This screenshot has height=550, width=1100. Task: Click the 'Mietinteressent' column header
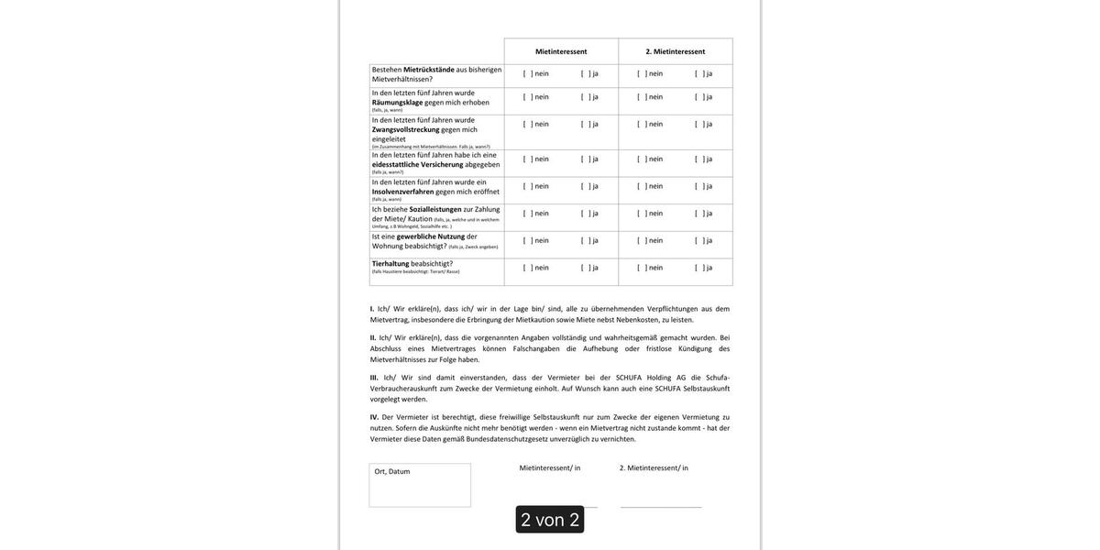tap(561, 51)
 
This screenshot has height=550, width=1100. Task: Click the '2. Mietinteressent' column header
tap(676, 51)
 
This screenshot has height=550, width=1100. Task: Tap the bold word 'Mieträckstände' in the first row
tap(429, 70)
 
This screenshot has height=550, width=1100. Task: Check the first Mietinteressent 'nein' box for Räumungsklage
tap(527, 97)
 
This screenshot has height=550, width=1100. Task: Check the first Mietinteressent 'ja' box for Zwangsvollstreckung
tap(586, 125)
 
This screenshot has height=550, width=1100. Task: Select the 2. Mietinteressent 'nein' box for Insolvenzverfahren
tap(642, 186)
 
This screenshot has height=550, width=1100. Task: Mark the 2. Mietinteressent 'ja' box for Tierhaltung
tap(698, 268)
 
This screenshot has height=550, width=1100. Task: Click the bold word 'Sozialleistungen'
tap(435, 209)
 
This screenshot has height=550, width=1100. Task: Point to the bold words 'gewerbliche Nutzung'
tap(430, 236)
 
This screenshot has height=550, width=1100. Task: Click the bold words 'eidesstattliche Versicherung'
tap(418, 165)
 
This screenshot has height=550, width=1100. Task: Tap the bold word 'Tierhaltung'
tap(390, 264)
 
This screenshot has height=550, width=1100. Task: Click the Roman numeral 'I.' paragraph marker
tap(372, 309)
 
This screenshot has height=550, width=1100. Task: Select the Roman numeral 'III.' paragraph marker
tap(374, 378)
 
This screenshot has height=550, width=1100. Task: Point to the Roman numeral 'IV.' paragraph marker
tap(374, 417)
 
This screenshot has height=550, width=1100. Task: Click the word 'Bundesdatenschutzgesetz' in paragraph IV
tap(507, 439)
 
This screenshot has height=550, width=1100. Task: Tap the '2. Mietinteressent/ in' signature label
tap(654, 468)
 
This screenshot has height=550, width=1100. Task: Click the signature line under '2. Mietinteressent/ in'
tap(661, 507)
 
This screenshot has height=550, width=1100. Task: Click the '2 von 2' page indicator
tap(550, 520)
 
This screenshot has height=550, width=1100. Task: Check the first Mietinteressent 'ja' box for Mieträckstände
tap(586, 74)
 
